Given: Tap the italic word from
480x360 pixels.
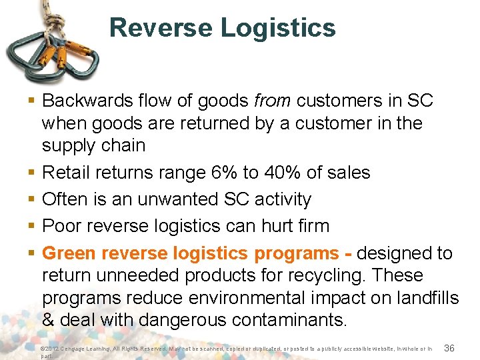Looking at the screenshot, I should click(273, 101).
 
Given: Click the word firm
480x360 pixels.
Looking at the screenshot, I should click(311, 226).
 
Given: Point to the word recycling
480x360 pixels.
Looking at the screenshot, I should click(327, 275).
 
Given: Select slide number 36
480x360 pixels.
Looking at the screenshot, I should click(449, 349).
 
